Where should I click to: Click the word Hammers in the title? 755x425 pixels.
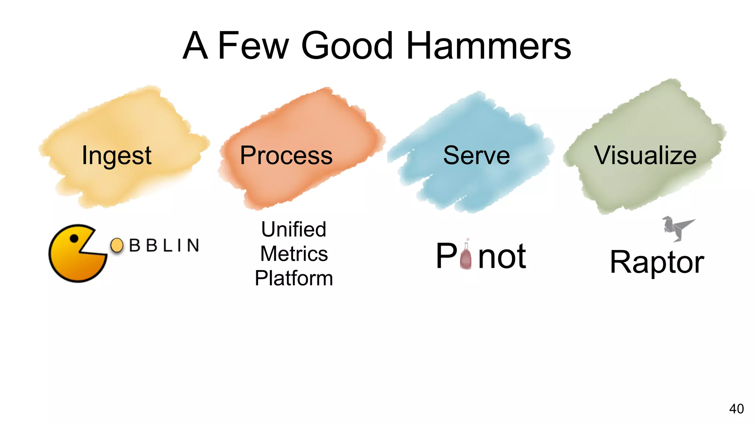point(488,46)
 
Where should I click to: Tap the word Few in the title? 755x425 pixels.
point(253,46)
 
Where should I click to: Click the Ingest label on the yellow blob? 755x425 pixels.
point(116,155)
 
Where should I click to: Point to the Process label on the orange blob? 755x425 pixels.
point(286,155)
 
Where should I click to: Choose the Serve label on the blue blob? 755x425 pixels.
point(476,155)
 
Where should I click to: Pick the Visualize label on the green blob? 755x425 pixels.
point(645,155)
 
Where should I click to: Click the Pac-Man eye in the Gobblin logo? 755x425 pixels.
point(74,238)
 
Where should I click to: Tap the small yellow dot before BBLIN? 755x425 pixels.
point(117,245)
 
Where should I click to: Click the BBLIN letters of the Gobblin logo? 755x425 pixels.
point(164,246)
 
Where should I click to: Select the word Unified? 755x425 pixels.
point(294,229)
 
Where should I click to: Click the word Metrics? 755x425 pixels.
point(294,254)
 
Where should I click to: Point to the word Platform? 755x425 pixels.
point(294,278)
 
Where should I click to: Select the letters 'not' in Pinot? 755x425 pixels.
point(502,256)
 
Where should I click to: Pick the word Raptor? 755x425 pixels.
point(657,262)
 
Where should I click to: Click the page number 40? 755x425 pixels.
point(736,409)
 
